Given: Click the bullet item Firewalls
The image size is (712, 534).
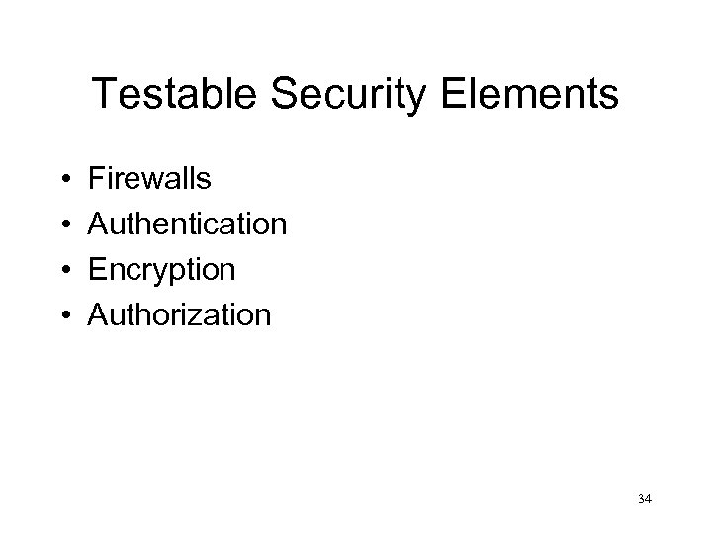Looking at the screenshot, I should [x=149, y=179].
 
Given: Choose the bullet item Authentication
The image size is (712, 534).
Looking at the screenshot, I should [x=188, y=224].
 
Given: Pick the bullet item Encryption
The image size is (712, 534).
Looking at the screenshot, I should [x=162, y=270].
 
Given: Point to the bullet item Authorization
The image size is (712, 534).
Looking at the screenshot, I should [x=179, y=315].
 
